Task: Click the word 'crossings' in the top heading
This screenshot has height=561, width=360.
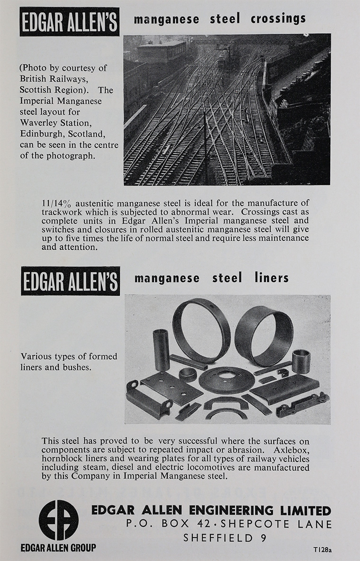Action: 278,19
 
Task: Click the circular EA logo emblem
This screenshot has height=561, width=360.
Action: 58,520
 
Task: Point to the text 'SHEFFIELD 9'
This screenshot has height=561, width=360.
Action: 225,537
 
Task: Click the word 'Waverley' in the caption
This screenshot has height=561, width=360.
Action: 39,123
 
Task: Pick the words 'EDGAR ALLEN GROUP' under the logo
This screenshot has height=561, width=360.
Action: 58,548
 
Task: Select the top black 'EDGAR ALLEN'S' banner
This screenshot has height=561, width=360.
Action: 69,21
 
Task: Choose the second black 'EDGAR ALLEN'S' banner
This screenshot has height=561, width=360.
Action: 70,281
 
